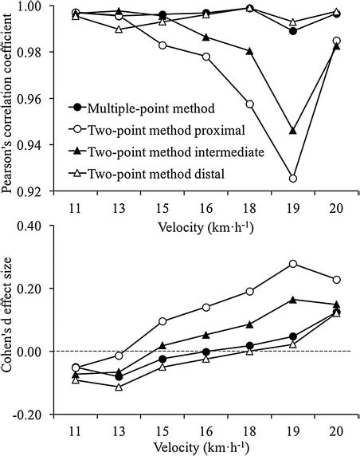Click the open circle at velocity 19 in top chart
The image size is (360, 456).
(x=293, y=179)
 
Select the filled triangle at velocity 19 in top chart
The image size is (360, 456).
(x=293, y=131)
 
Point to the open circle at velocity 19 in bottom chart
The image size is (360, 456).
(x=293, y=264)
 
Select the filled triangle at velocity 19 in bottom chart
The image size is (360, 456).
(x=293, y=300)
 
